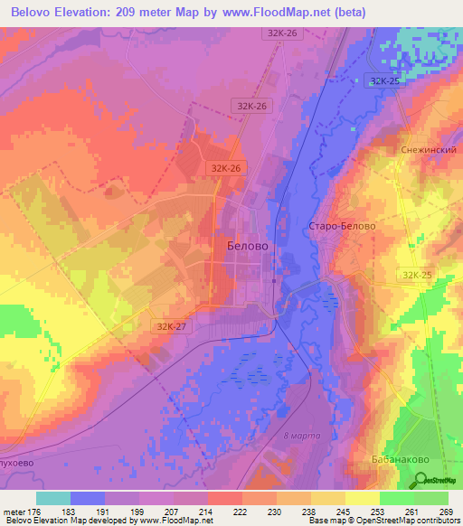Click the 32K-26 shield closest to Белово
226,168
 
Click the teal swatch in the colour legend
53,498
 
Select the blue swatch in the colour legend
88,498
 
